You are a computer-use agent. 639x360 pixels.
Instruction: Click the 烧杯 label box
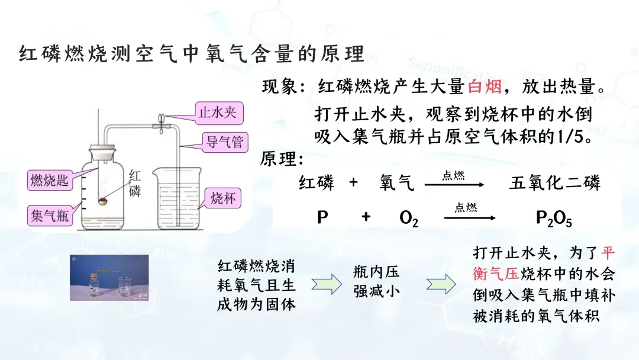222,198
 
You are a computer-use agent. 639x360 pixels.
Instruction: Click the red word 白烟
485,87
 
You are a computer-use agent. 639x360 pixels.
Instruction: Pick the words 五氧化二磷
554,183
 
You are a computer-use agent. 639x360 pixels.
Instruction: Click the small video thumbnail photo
109,277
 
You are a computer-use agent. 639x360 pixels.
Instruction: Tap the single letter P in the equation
322,218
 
